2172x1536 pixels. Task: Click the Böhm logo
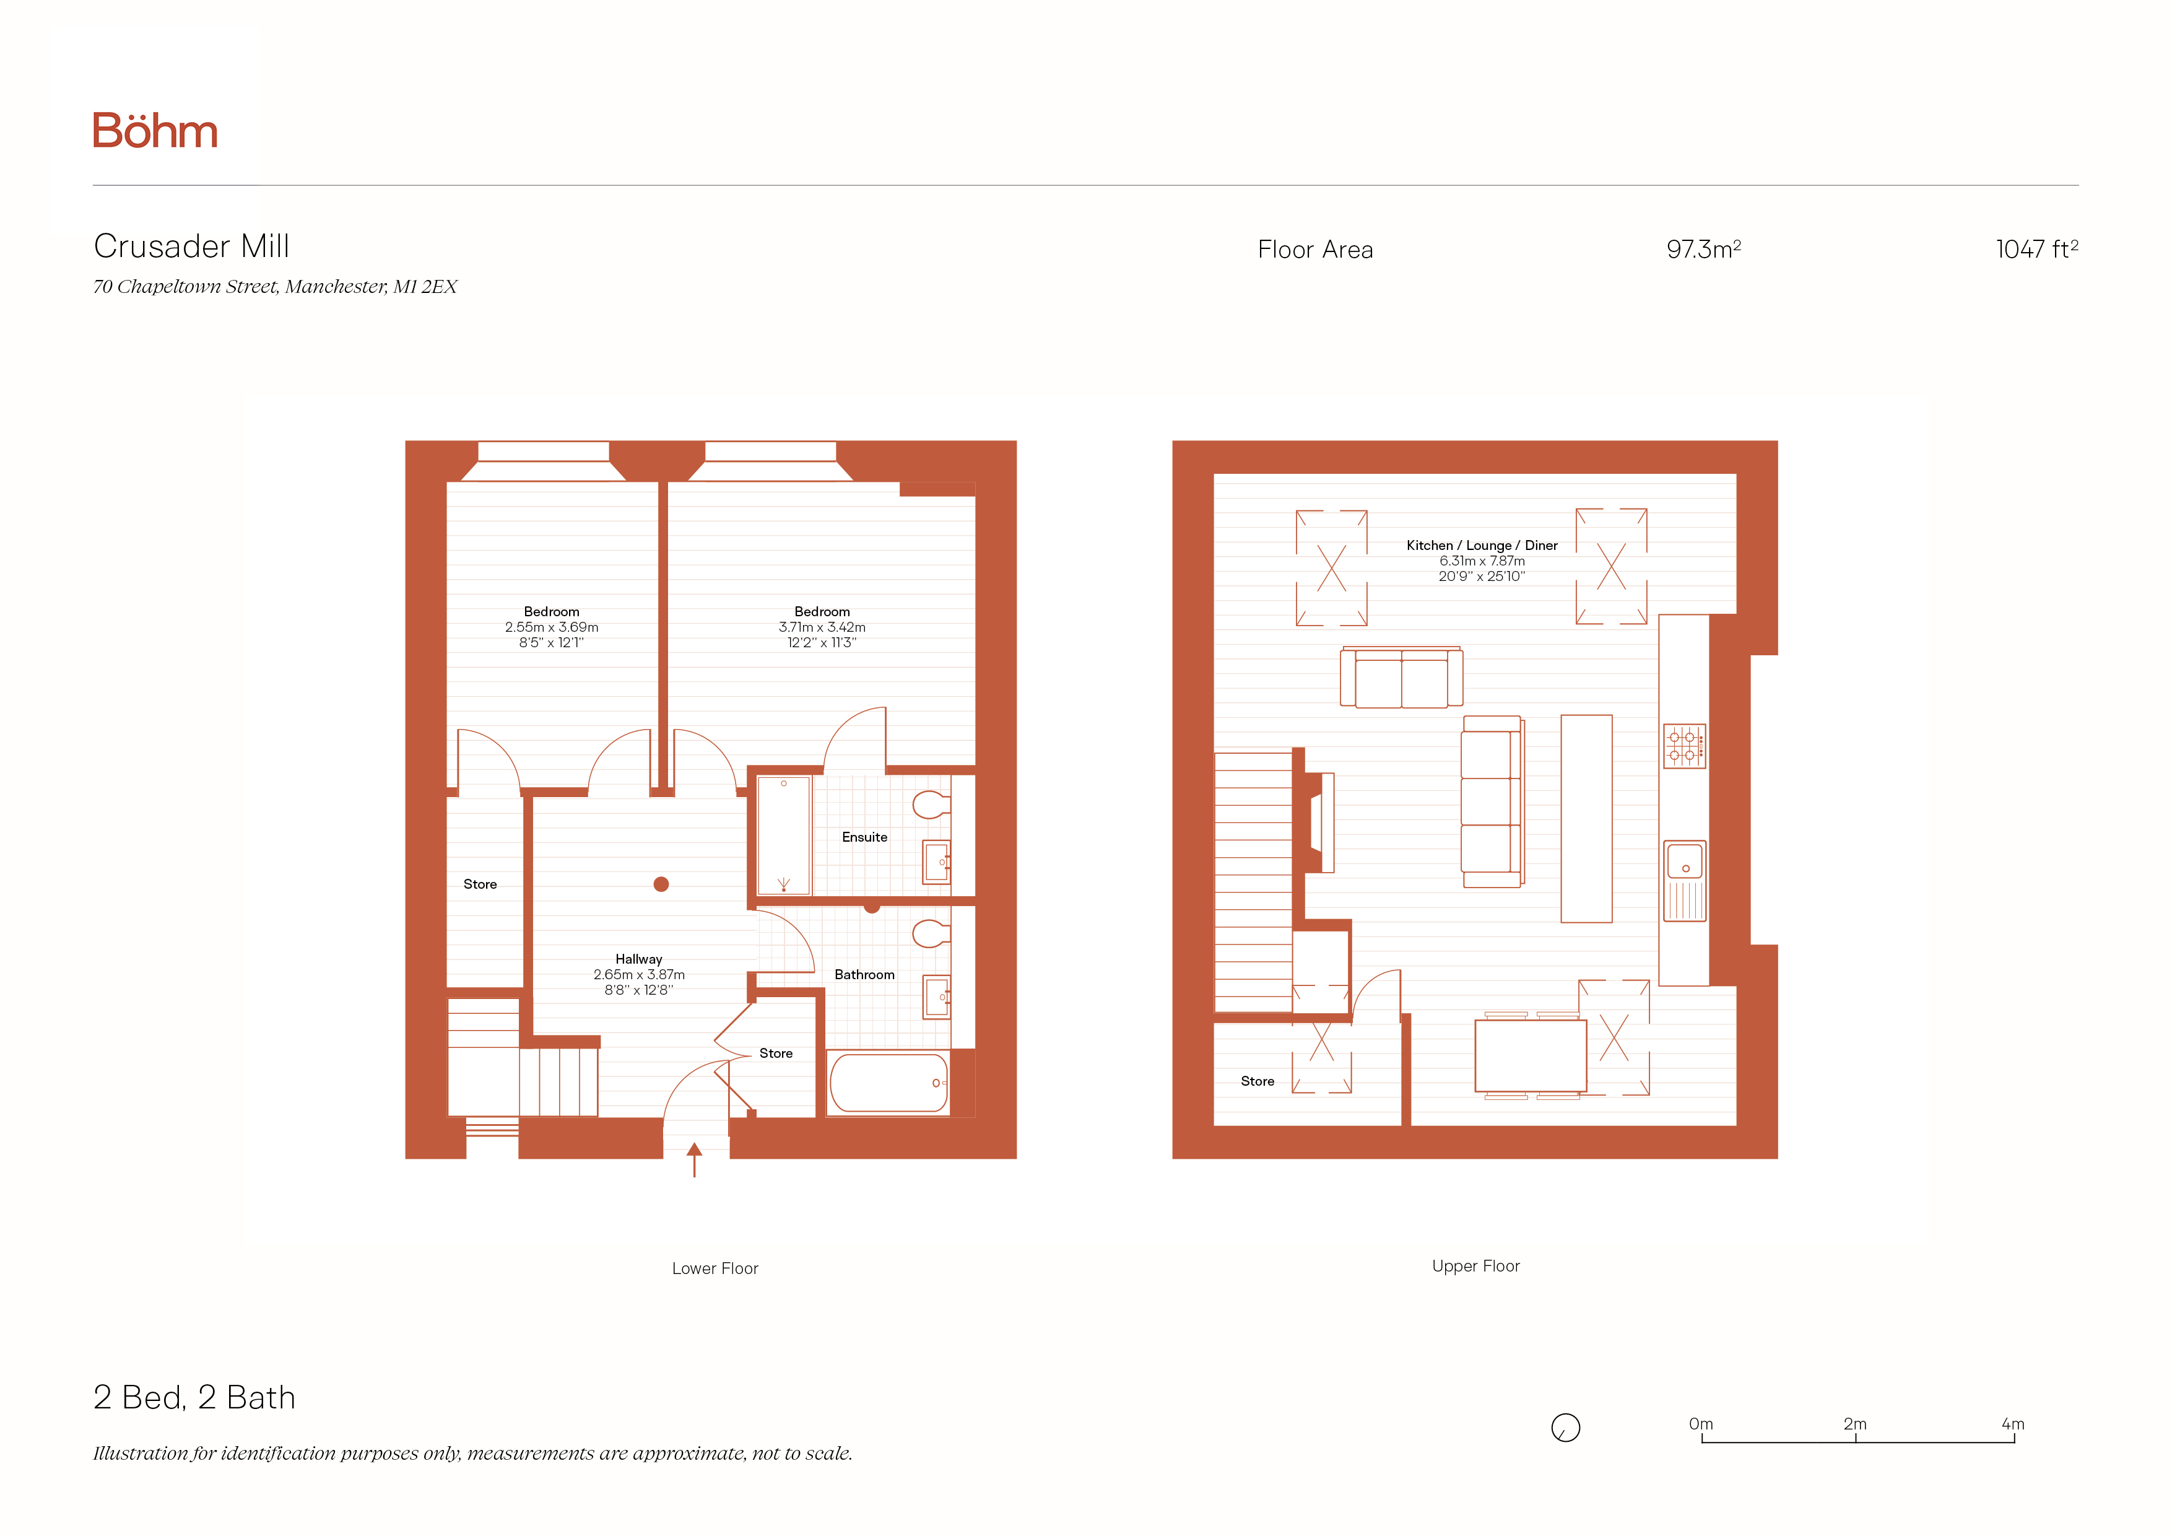(155, 131)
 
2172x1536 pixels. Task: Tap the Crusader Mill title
(192, 246)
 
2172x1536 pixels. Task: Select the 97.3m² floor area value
(1704, 249)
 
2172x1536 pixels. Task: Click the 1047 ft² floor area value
(2037, 249)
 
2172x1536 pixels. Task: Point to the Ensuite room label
(864, 837)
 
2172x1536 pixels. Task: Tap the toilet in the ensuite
(931, 805)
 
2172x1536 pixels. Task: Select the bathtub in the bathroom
(889, 1083)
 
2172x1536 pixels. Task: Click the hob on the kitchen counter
(1685, 746)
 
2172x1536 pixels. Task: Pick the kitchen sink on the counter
(1685, 880)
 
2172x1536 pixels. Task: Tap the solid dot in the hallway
(661, 884)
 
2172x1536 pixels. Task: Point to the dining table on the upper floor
(1531, 1055)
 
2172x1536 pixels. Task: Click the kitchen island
(1586, 819)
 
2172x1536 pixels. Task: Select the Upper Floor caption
(1475, 1267)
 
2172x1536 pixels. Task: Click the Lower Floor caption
(715, 1268)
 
